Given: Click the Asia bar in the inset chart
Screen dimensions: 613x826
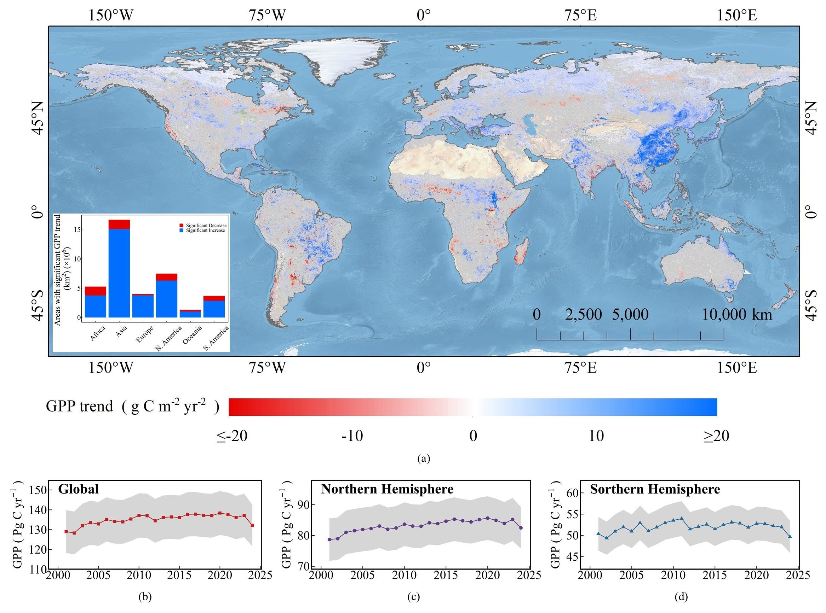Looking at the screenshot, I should tap(119, 271).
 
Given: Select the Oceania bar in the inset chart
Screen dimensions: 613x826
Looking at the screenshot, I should tap(190, 314).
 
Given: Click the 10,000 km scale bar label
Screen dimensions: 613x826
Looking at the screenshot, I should tap(737, 315).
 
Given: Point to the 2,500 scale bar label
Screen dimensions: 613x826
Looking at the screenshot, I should tap(584, 315).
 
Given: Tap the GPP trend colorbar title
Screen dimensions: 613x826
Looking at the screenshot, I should tap(132, 406).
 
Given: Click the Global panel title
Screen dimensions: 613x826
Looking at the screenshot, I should tap(78, 489).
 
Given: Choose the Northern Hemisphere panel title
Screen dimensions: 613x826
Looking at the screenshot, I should tap(387, 489).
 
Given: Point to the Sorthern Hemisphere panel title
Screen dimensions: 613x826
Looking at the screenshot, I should tap(655, 489).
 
